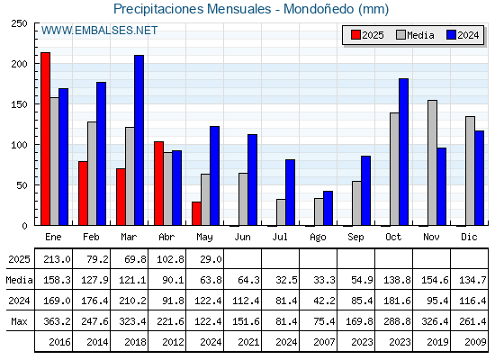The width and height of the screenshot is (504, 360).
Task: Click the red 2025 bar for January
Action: coord(45,139)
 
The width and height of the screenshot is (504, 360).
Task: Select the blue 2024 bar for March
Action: coord(139,140)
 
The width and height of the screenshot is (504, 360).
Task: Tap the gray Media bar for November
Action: coord(432,163)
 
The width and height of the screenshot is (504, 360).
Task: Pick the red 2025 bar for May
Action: coord(196,213)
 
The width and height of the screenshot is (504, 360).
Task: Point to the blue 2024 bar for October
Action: coord(403,152)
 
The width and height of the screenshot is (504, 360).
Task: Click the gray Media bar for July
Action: coord(281,212)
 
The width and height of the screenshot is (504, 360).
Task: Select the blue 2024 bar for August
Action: coord(328,208)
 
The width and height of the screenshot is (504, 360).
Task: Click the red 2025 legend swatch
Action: coord(355,35)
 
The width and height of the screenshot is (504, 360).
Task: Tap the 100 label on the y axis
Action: coord(19,145)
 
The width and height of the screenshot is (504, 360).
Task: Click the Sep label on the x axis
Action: coord(355,238)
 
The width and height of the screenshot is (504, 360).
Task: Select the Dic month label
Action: coord(469,237)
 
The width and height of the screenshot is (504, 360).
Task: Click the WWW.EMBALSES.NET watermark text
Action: coord(99,31)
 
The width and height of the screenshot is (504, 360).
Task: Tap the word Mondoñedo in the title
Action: coord(319,9)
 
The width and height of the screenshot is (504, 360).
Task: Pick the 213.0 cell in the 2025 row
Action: coord(57,259)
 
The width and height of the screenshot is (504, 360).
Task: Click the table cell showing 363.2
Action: coord(57,321)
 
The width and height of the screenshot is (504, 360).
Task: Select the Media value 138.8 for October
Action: coord(397,280)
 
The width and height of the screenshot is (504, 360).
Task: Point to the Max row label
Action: coord(19,321)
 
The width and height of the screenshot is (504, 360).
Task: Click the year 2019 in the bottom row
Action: coord(437,342)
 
